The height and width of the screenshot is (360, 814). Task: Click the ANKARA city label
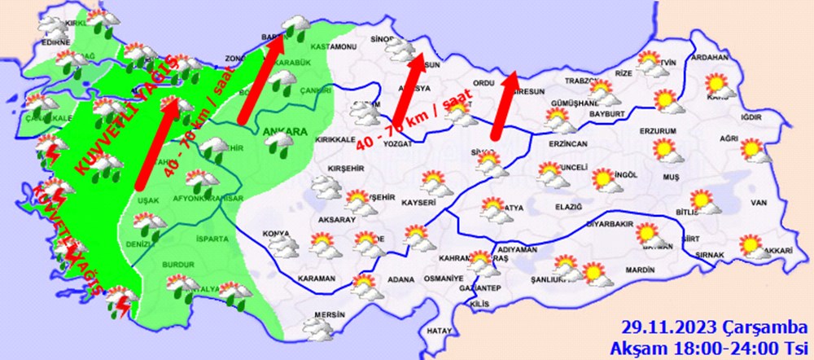(284, 132)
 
